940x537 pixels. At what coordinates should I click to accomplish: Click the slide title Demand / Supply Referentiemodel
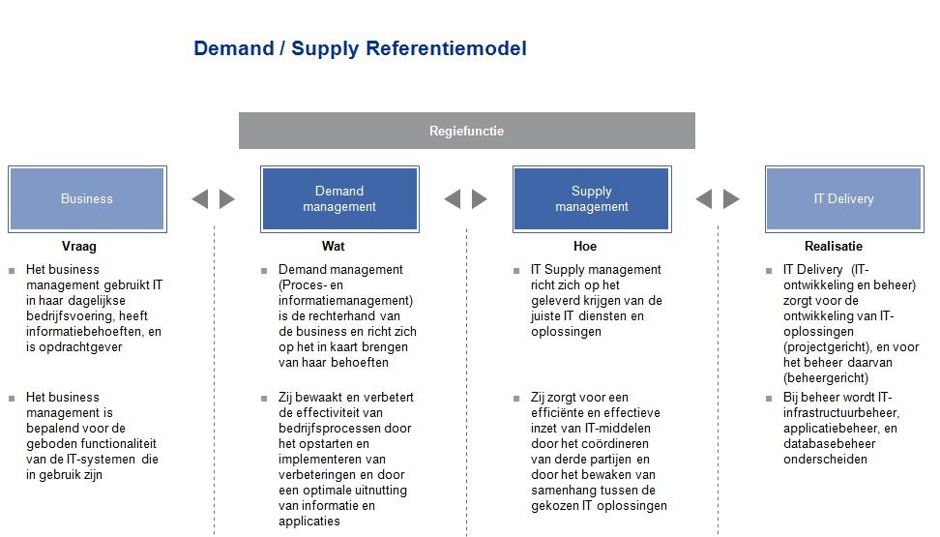coord(360,48)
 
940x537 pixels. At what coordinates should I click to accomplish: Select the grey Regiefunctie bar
coord(467,131)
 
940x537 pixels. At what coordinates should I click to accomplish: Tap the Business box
coord(88,199)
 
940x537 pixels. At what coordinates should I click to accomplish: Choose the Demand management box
coord(339,199)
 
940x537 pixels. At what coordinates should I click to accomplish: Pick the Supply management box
coord(592,199)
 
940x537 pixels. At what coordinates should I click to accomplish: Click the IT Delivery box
coord(844,199)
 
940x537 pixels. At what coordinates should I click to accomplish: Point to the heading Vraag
coord(79,246)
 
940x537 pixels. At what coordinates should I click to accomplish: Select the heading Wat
coord(334,246)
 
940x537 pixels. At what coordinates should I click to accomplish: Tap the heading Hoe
coord(585,246)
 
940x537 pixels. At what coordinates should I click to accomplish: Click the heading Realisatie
coord(834,246)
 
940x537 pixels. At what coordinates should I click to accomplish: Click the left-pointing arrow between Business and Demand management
coord(199,199)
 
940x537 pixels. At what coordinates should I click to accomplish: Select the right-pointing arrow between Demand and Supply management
coord(480,199)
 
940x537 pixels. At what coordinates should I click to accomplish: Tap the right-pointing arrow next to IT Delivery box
coord(731,199)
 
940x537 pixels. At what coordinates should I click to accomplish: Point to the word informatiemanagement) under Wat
coord(346,301)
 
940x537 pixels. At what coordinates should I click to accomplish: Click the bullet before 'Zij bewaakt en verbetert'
coord(264,399)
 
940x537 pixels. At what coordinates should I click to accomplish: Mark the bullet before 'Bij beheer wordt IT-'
coord(769,399)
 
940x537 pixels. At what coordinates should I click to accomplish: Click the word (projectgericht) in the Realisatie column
coord(827,347)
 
